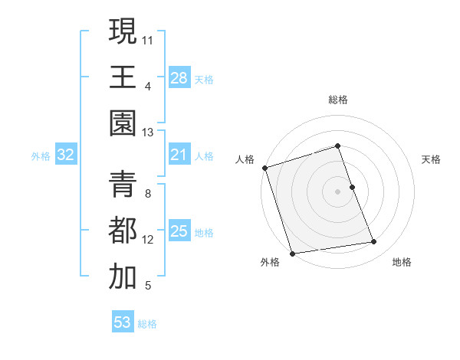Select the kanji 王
click(123, 77)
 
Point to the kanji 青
click(123, 185)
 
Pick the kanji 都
click(123, 231)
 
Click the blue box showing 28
click(179, 78)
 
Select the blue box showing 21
click(179, 155)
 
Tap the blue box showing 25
click(179, 231)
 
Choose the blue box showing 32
click(66, 155)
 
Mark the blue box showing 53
click(123, 322)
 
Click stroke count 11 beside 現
click(148, 38)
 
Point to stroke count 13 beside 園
click(148, 133)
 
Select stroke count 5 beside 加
click(148, 286)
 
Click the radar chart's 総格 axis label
click(338, 100)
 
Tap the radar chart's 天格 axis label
click(432, 159)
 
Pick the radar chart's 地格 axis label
click(402, 262)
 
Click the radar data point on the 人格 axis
click(264, 168)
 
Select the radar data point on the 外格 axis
click(292, 254)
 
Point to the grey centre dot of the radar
click(338, 191)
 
